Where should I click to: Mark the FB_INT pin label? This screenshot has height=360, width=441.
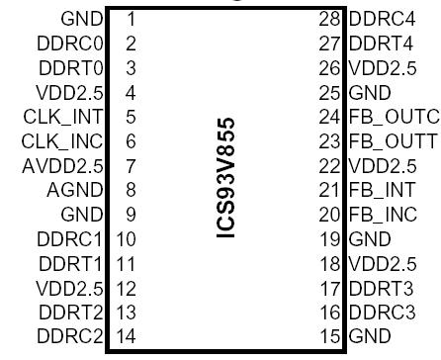click(385, 214)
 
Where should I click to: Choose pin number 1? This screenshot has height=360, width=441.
click(131, 19)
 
